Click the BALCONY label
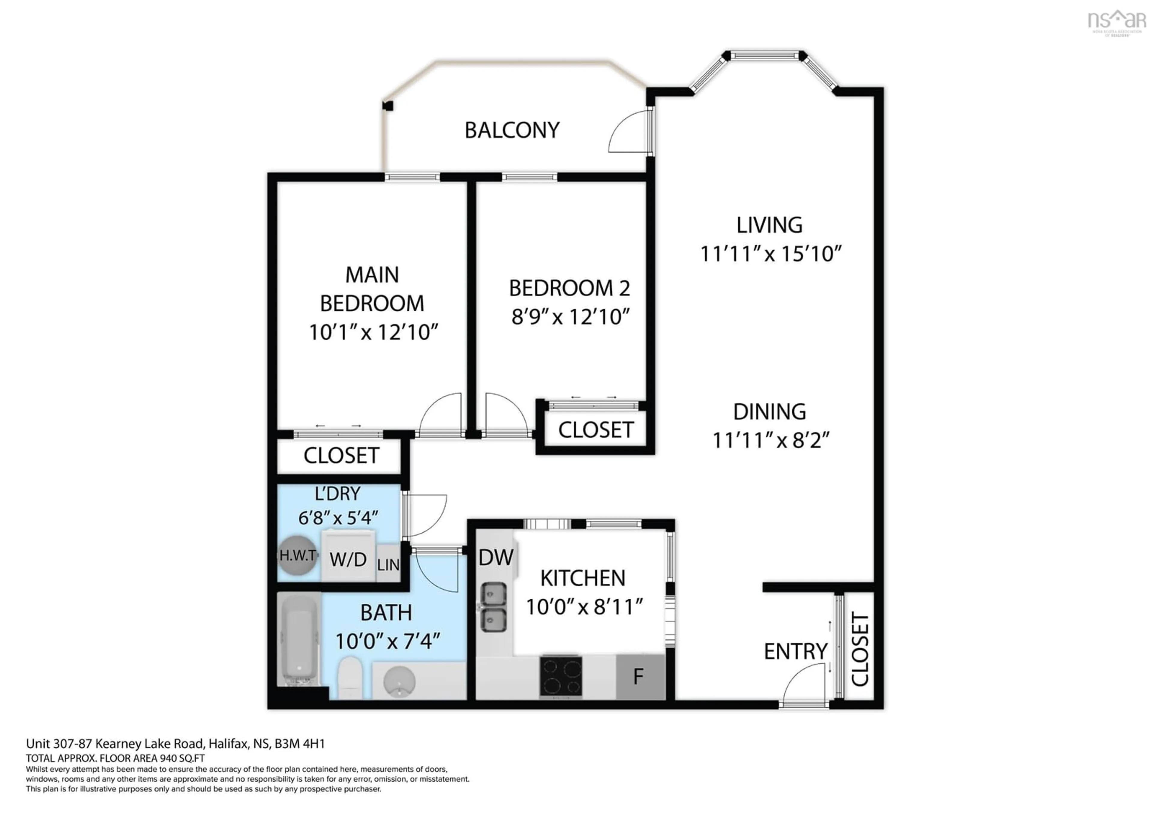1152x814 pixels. click(512, 130)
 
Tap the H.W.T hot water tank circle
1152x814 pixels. click(298, 555)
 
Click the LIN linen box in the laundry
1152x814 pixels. click(388, 564)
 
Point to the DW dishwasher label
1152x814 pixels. click(496, 557)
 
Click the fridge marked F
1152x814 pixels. click(639, 677)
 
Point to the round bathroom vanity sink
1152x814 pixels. click(399, 682)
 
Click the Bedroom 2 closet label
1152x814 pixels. click(595, 430)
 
